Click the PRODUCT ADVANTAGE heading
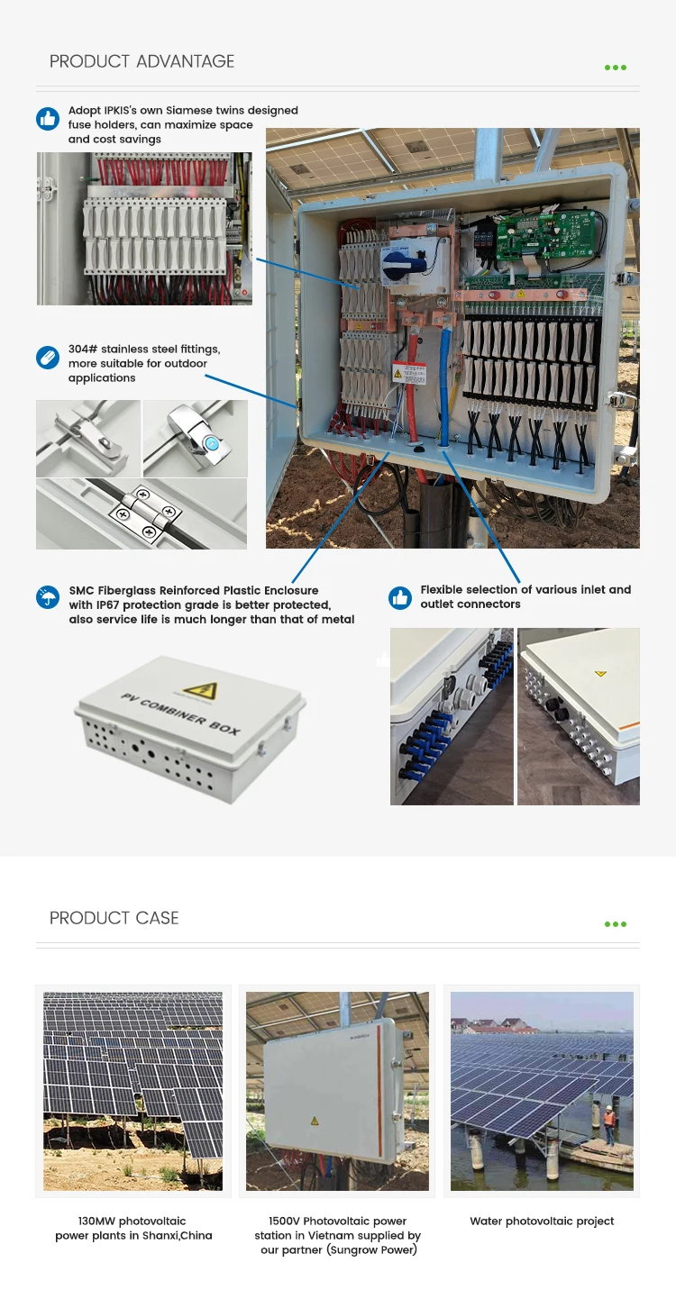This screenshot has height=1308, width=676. pyautogui.click(x=142, y=61)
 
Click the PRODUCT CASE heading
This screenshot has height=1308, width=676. pyautogui.click(x=114, y=918)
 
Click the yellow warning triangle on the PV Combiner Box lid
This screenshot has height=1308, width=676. pyautogui.click(x=200, y=690)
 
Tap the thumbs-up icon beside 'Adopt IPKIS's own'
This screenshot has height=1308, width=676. pyautogui.click(x=48, y=119)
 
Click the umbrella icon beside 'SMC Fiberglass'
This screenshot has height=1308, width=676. pyautogui.click(x=48, y=597)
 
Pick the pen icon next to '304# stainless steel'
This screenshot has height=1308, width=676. pyautogui.click(x=48, y=357)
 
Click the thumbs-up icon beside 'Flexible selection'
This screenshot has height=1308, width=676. pyautogui.click(x=400, y=597)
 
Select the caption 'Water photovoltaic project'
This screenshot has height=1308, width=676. pyautogui.click(x=542, y=1221)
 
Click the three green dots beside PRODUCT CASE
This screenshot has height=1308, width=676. pyautogui.click(x=616, y=924)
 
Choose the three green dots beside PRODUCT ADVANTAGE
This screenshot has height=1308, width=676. pyautogui.click(x=616, y=68)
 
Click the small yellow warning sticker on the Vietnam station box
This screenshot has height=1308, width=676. pyautogui.click(x=315, y=1121)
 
